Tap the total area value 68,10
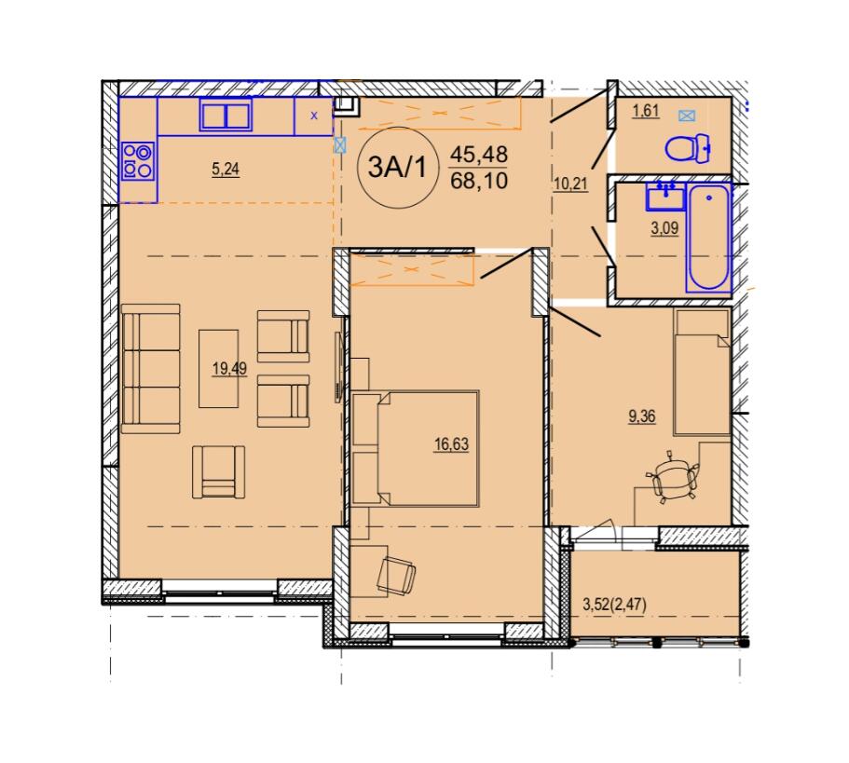pos(479,181)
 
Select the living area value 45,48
pos(479,156)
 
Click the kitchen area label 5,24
pos(226,170)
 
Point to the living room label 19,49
pos(229,369)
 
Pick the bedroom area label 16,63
pos(451,444)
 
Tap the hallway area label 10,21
pos(570,184)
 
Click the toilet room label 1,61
pos(646,112)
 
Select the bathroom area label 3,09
pos(664,228)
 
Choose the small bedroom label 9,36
pos(641,416)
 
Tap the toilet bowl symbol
pos(688,148)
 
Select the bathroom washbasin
pos(665,196)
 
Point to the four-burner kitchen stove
pos(138,161)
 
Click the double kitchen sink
pos(226,115)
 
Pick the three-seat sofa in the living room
pos(151,369)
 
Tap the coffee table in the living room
pos(219,369)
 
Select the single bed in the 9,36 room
pos(702,373)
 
